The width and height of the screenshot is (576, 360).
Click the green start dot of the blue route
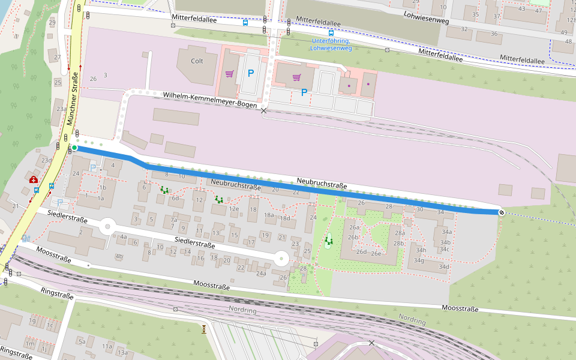[74, 148]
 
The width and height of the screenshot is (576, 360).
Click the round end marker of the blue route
[501, 212]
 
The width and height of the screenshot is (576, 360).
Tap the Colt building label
[197, 61]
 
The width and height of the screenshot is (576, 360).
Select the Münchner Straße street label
[73, 99]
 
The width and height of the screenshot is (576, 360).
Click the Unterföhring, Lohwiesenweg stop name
[331, 44]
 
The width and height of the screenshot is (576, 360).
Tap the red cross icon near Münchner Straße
[34, 179]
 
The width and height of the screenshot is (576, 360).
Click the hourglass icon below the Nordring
[205, 328]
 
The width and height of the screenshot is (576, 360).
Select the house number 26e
[376, 253]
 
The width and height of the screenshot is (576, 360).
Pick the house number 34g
[419, 260]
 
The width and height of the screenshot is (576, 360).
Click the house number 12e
[234, 209]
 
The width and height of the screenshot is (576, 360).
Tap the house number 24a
[261, 274]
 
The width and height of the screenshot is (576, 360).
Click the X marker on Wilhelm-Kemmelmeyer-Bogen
[263, 111]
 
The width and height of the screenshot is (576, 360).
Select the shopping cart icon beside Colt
[229, 74]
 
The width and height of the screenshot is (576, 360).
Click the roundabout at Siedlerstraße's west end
[107, 227]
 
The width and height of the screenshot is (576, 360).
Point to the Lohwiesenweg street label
[427, 18]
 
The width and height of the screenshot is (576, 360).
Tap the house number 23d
[46, 160]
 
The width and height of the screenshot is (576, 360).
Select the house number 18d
[285, 218]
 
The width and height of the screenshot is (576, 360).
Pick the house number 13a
[122, 352]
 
